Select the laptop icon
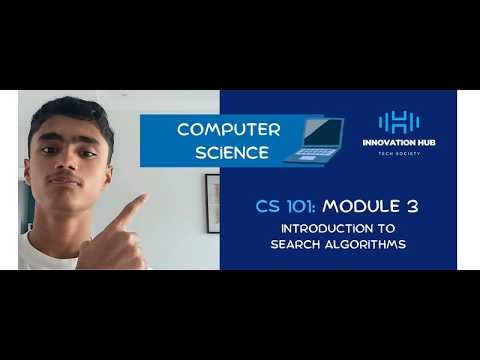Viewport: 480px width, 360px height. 314,140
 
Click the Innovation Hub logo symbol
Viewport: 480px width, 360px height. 398,122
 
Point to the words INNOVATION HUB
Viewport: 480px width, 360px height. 398,143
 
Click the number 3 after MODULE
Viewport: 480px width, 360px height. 411,208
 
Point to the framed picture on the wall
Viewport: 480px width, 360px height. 212,203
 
